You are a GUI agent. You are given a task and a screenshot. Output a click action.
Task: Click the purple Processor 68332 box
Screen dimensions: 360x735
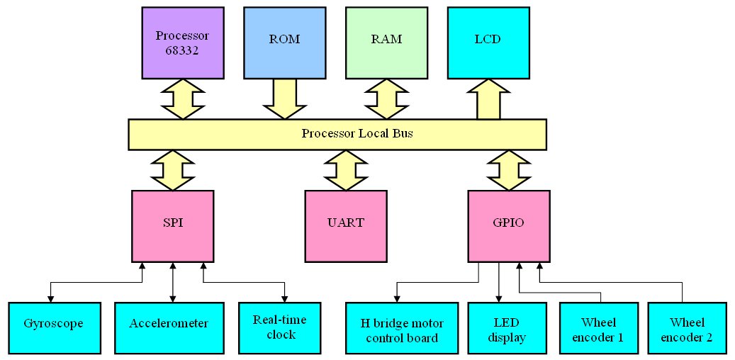[x=182, y=43]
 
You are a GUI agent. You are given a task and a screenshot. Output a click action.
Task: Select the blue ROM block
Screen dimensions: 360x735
[x=284, y=43]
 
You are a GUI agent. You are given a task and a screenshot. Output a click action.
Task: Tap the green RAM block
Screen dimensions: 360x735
[x=386, y=43]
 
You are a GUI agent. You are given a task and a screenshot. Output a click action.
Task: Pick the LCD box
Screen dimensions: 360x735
[x=488, y=43]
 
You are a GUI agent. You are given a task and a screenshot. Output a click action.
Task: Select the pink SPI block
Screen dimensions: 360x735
[x=173, y=225]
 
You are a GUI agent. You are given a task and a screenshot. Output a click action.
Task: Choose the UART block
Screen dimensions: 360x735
[x=344, y=225]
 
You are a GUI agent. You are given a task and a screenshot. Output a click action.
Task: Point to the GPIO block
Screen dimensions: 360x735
[x=509, y=225]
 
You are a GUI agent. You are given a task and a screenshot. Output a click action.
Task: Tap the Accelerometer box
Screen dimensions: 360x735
[x=169, y=328]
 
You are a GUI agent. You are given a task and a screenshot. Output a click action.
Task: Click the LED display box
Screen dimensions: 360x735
[x=507, y=328]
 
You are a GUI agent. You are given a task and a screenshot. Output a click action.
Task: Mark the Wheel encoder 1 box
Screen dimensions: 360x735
[x=600, y=328]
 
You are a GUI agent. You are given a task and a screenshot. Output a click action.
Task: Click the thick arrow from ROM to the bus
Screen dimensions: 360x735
[x=284, y=98]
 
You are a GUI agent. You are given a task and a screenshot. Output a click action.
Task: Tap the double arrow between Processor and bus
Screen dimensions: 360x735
[x=182, y=98]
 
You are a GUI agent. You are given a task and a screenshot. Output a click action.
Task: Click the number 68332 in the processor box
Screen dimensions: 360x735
[x=182, y=51]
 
